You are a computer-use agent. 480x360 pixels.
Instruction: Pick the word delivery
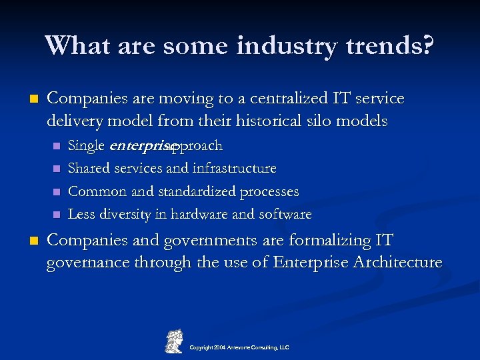tap(75, 121)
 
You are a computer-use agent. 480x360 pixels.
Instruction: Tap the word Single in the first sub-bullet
tap(86, 145)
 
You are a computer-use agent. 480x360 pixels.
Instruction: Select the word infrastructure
tap(234, 169)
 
